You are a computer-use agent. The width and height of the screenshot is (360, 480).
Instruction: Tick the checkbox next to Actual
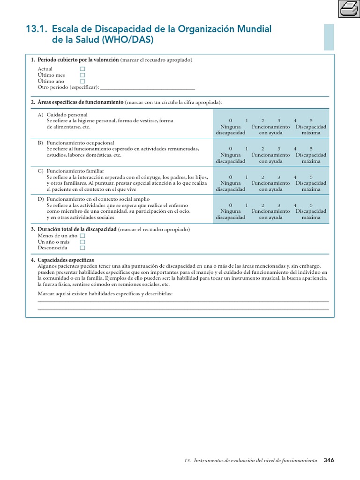point(82,69)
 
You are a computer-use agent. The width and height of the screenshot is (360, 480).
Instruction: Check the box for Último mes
point(82,75)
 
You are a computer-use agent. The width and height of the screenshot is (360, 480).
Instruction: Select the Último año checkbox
point(82,81)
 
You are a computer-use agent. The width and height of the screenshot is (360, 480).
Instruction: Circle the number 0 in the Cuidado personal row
point(230,120)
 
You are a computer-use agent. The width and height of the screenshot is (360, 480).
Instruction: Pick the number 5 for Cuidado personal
point(311,120)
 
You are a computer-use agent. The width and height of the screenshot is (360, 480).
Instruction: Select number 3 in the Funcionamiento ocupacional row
point(278,149)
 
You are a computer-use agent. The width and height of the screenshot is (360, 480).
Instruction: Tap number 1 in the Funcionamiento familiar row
point(247,177)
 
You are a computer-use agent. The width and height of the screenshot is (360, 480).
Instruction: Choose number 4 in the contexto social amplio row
point(295,205)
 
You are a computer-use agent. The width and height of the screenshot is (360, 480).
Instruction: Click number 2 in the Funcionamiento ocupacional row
point(262,149)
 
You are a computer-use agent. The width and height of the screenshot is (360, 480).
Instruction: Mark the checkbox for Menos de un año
point(82,236)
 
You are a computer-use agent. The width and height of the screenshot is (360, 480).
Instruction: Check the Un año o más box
point(82,242)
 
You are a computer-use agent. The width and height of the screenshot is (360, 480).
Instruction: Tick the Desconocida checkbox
point(82,248)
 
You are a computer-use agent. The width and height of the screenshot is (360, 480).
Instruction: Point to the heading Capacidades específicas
point(66,260)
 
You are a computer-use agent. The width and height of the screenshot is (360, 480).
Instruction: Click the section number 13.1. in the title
point(37,30)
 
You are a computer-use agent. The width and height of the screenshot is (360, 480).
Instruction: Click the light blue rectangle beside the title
point(329,37)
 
